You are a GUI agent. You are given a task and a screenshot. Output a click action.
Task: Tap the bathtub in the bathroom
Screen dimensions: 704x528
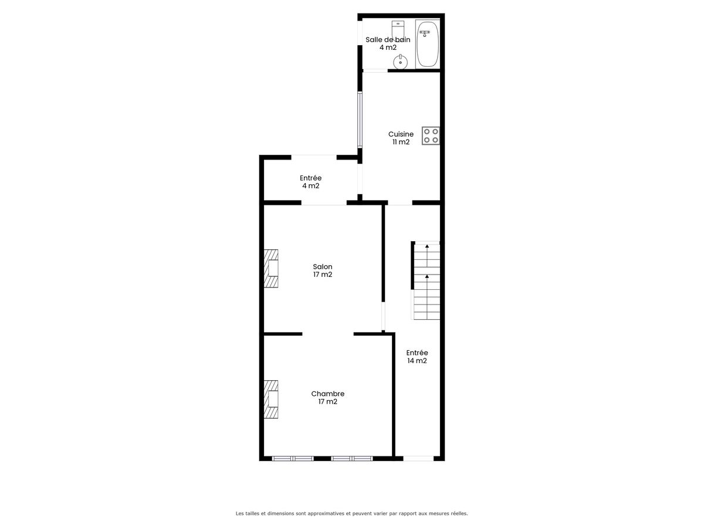coord(427,44)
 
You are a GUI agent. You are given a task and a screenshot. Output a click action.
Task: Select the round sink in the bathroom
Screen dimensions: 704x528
coord(400,62)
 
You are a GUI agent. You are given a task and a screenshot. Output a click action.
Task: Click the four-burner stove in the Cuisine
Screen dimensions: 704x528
coord(431,136)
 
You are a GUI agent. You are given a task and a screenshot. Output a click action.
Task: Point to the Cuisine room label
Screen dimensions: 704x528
coord(401,138)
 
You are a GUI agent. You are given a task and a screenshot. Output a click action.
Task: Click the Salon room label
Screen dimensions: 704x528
coord(323,270)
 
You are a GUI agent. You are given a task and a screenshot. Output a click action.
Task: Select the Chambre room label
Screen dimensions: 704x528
coord(328,398)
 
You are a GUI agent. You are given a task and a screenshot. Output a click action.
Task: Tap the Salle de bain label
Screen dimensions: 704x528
coord(388,43)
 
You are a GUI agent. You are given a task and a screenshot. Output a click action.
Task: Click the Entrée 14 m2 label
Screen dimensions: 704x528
coord(417,357)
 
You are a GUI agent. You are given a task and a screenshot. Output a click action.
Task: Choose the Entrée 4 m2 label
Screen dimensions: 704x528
coord(310,182)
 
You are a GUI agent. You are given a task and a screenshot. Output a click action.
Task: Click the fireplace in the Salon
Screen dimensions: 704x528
coord(271,268)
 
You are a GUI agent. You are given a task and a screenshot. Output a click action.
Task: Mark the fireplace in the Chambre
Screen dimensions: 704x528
coord(271,399)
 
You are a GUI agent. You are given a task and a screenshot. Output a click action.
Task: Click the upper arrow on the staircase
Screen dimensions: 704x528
coord(427,255)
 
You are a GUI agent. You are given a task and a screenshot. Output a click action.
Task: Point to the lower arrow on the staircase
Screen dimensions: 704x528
coord(427,285)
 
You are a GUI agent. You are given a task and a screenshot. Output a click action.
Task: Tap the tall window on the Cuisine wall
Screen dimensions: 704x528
coord(360,120)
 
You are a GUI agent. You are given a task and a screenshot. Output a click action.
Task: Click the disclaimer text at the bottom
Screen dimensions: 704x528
coord(352,513)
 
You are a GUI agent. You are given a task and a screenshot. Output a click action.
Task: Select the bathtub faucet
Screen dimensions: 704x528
coord(425,33)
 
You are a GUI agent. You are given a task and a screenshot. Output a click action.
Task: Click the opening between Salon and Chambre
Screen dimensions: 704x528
coord(328,334)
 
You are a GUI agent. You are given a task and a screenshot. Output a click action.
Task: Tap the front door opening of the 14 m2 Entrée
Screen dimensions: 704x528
coord(418,458)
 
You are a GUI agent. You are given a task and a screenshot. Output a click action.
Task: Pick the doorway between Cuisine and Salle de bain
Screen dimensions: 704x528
coord(375,70)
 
